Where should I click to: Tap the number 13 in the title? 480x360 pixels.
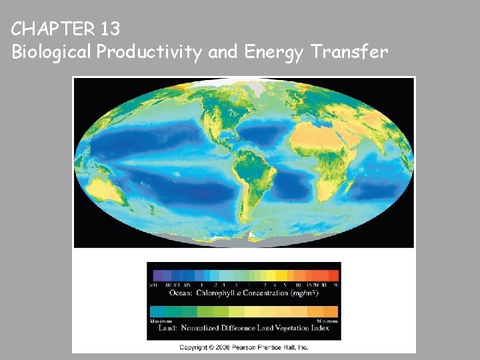coord(111,29)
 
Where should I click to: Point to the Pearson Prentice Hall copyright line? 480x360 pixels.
coord(244,347)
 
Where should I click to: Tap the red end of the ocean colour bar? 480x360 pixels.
coord(333,275)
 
